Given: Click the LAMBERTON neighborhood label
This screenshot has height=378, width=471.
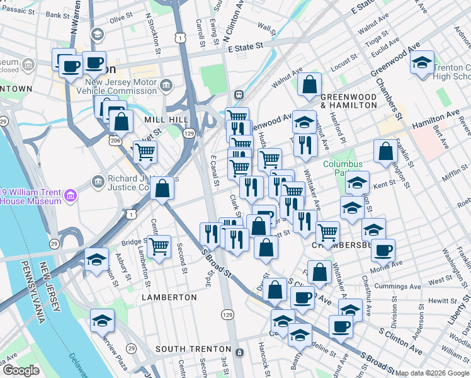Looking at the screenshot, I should [x=169, y=297].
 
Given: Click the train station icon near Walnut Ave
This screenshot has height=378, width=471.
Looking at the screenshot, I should [x=239, y=94].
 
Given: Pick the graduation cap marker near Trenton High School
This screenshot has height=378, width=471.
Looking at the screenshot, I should [x=422, y=62].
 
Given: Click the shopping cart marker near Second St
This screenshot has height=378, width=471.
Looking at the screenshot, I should [x=159, y=246].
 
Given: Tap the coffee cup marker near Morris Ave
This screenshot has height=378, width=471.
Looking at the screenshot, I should [x=383, y=250].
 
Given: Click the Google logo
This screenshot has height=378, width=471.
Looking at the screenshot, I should [x=21, y=370].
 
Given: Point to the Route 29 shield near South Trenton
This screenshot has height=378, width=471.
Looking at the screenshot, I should [x=132, y=348].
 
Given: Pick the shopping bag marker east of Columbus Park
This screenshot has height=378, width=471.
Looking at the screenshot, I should [x=385, y=151].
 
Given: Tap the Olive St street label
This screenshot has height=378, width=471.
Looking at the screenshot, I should [x=118, y=20].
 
